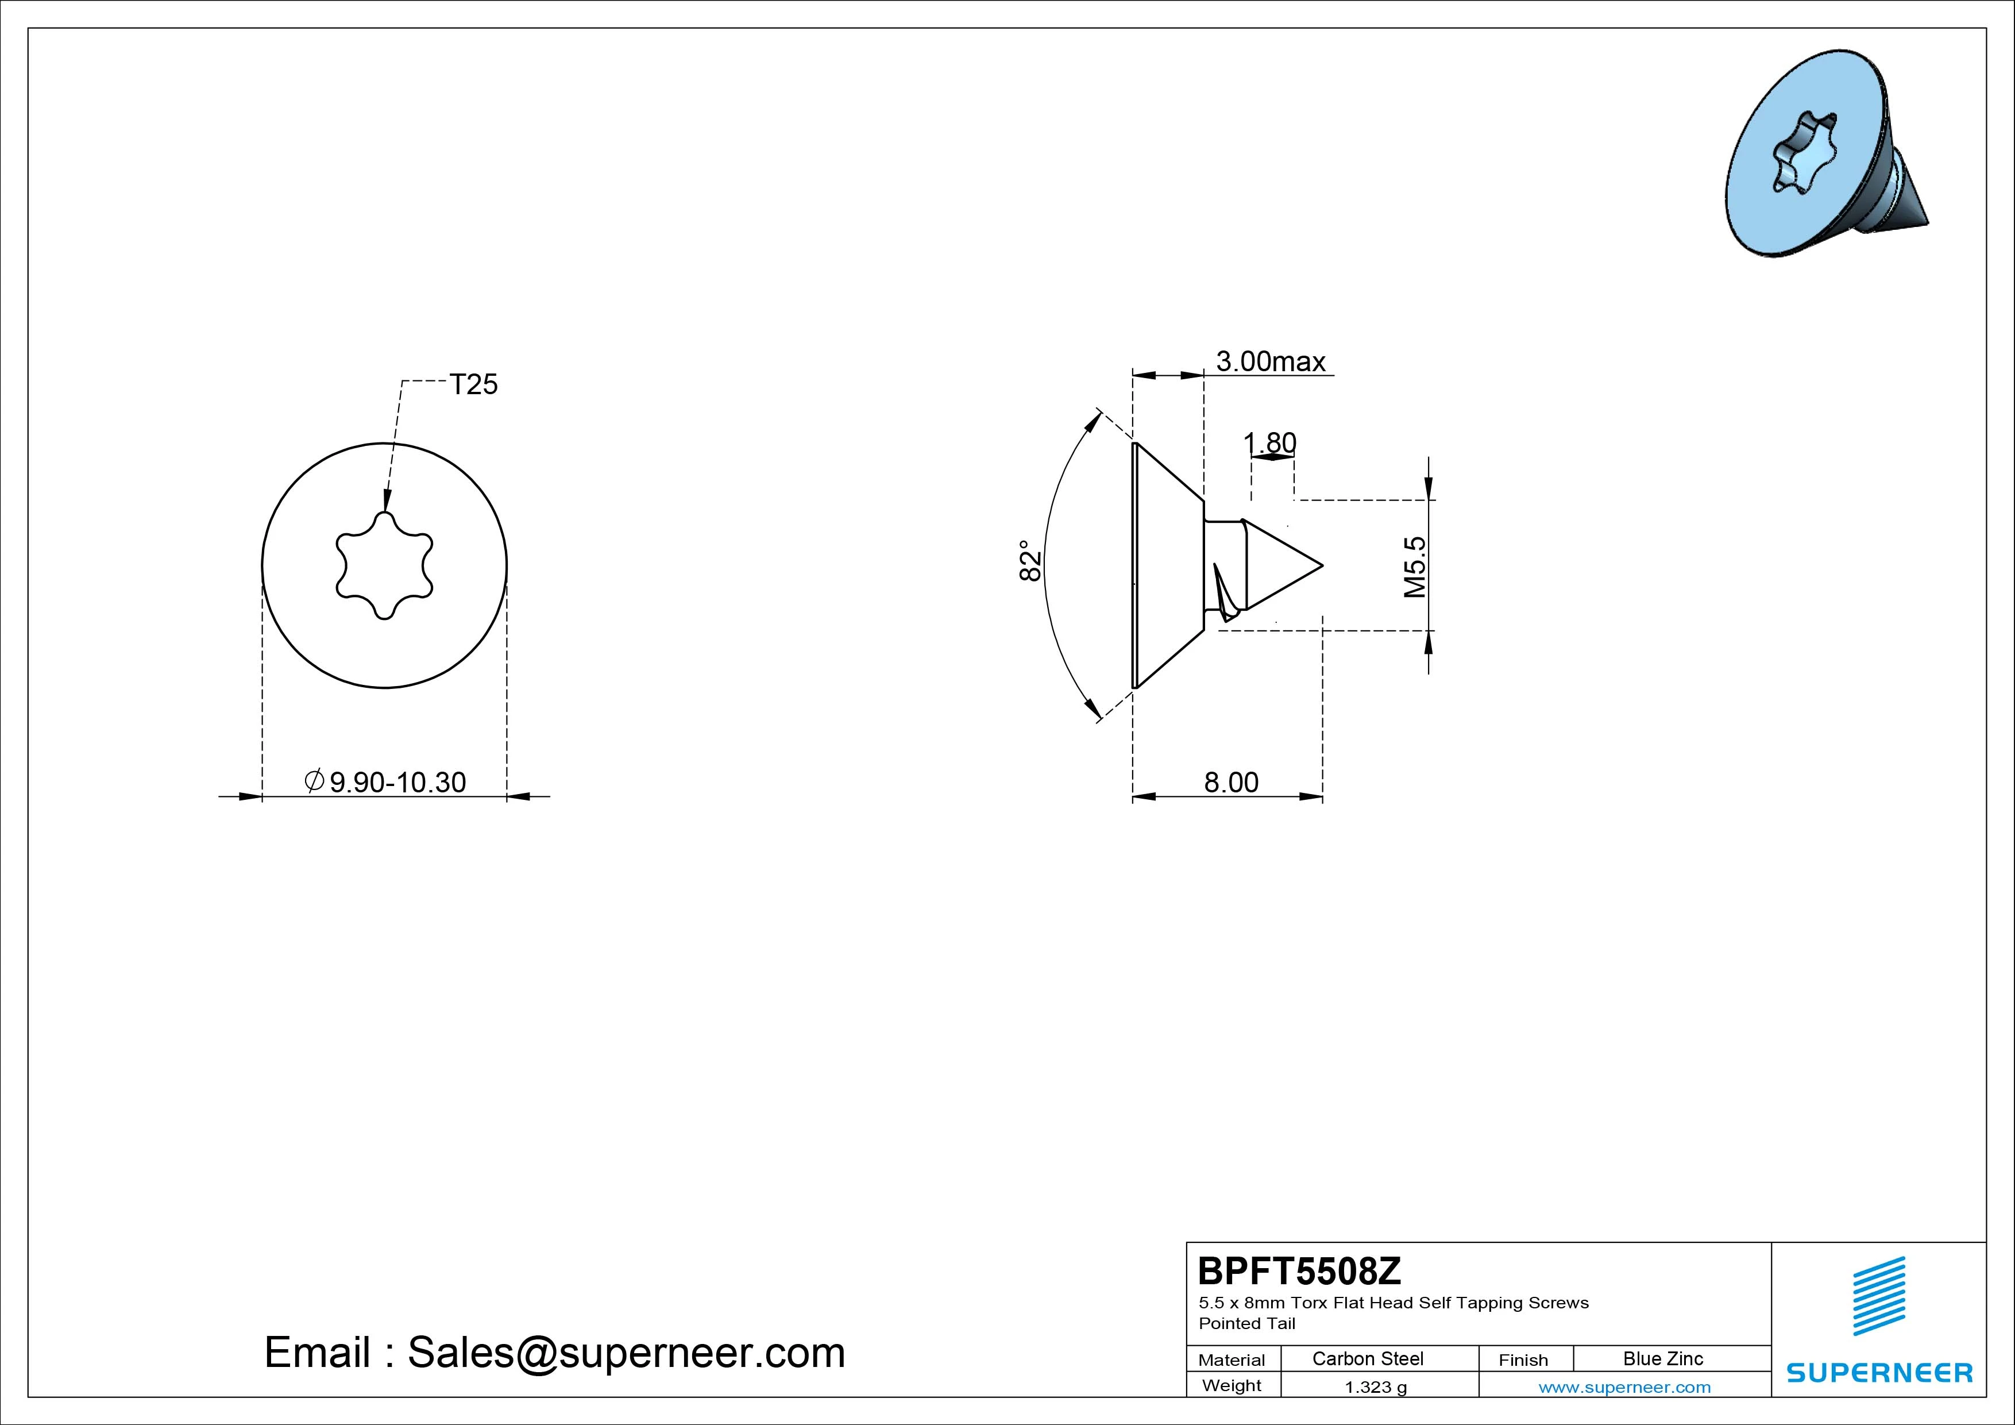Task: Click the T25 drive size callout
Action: [474, 384]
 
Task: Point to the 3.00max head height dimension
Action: [1270, 362]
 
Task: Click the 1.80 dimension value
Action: [1270, 444]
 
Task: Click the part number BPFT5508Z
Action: [1300, 1270]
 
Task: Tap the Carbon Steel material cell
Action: [1367, 1358]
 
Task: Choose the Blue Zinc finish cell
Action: [1663, 1358]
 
